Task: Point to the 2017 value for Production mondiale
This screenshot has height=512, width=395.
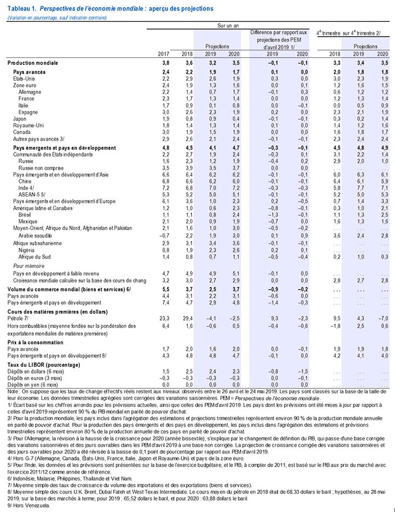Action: [165, 64]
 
